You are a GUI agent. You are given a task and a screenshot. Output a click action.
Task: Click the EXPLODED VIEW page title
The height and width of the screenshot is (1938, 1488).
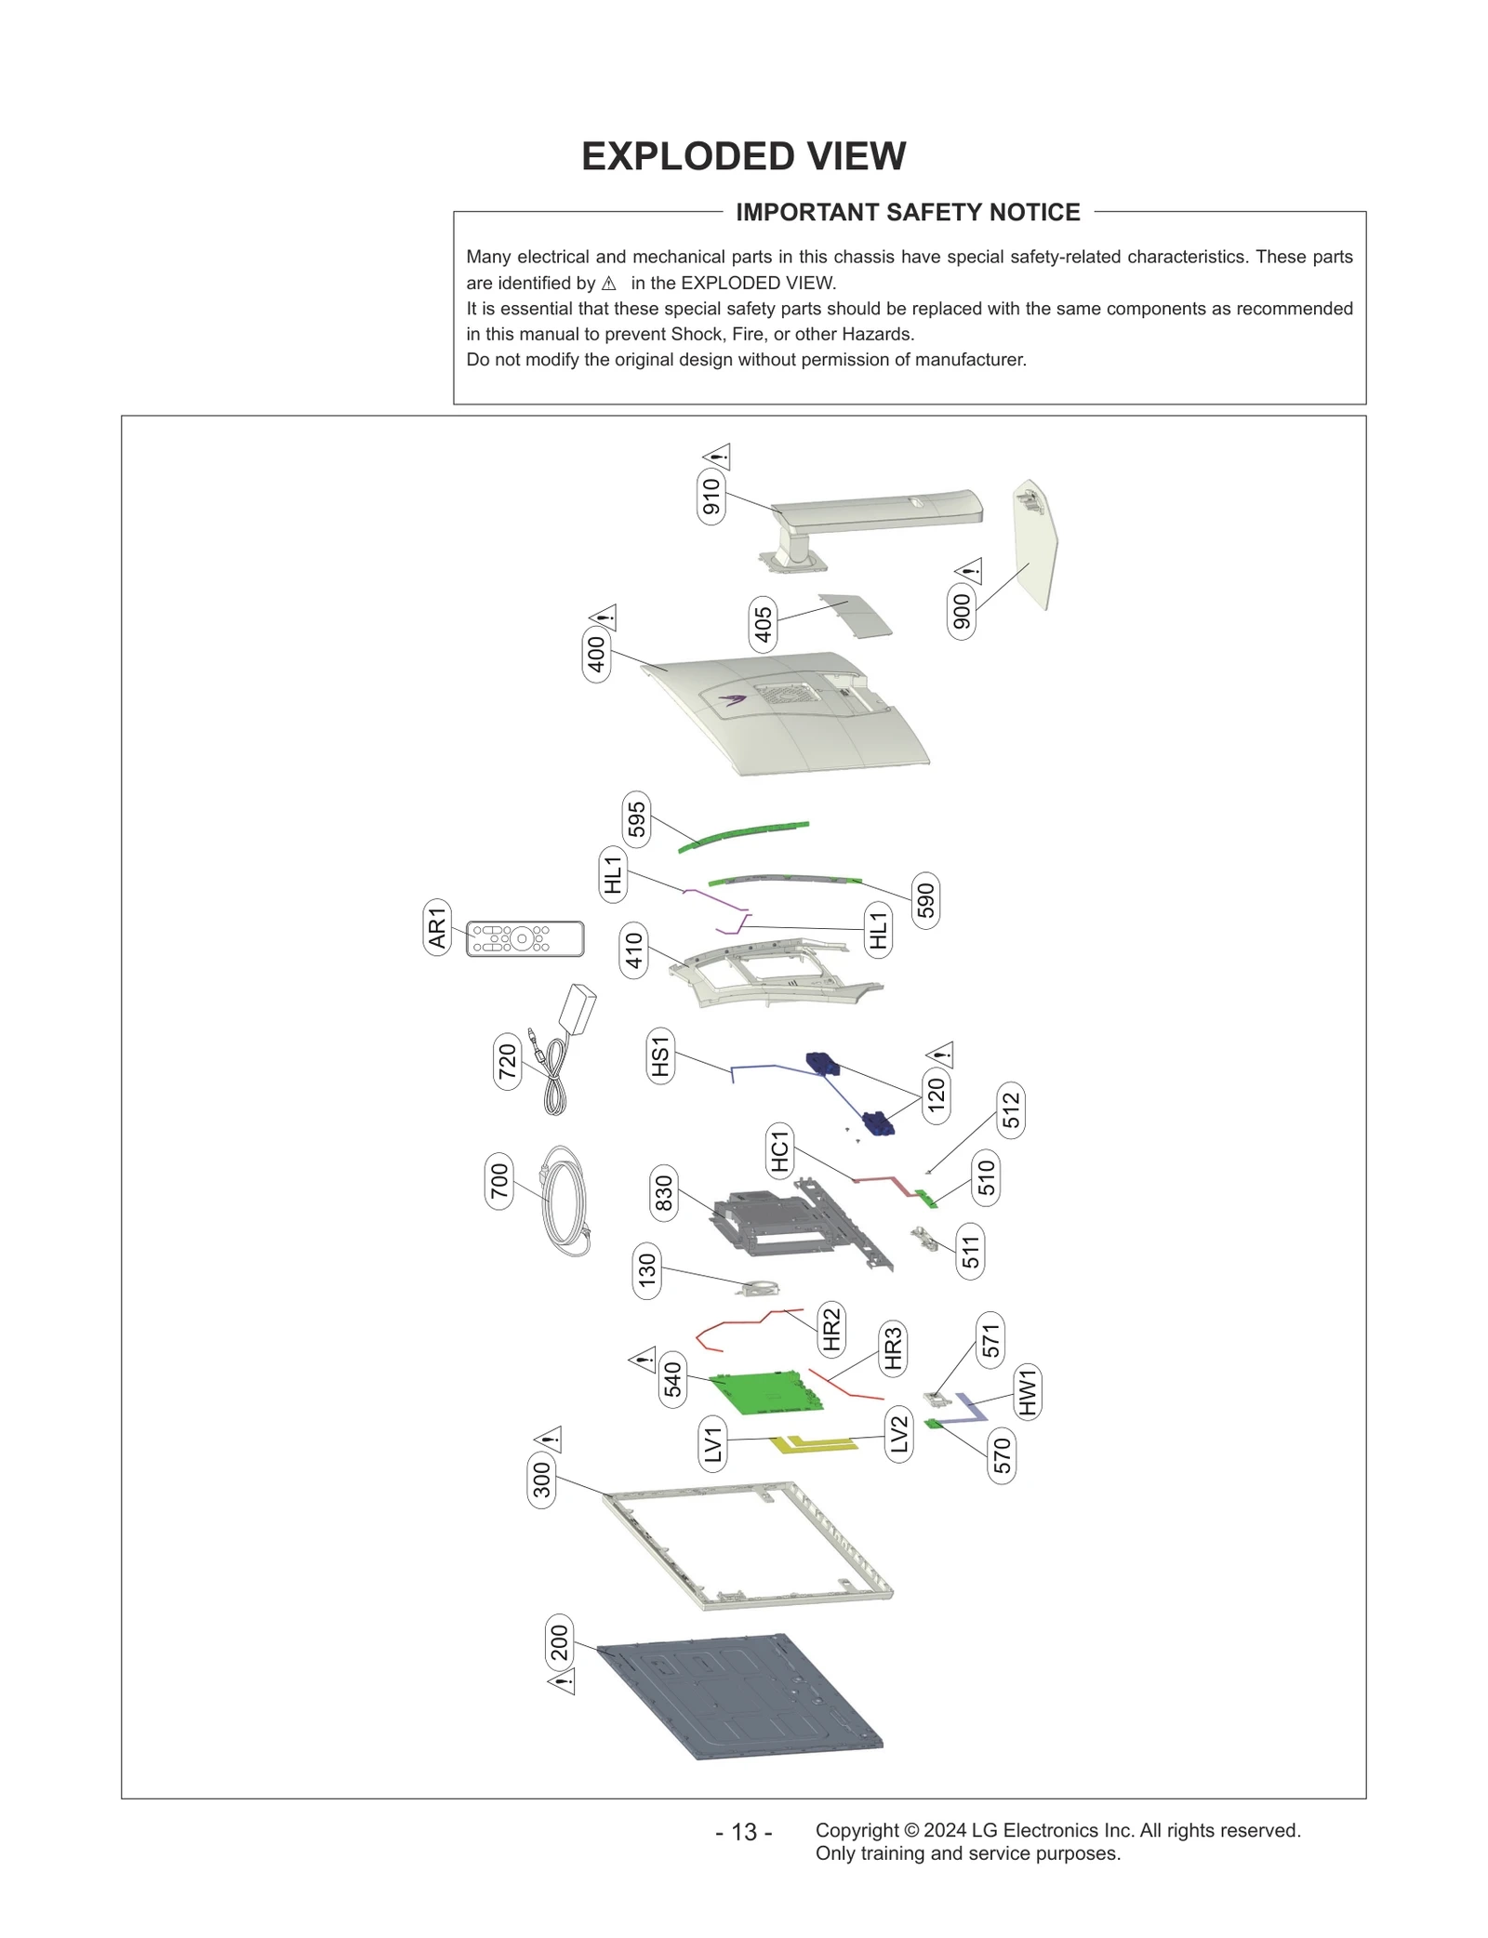(x=743, y=156)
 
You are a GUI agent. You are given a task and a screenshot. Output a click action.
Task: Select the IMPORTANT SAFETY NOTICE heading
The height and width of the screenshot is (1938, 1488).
(x=907, y=212)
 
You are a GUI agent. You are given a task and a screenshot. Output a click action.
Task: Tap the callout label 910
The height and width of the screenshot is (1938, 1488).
(x=711, y=497)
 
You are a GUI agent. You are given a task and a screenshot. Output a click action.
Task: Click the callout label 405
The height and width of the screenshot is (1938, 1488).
(x=763, y=624)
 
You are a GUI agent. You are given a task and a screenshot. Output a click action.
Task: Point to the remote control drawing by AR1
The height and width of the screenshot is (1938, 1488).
(x=525, y=938)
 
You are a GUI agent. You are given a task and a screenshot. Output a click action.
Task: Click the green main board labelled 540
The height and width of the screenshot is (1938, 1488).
(x=764, y=1392)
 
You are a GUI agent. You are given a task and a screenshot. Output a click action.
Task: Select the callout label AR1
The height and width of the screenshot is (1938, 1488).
(x=437, y=927)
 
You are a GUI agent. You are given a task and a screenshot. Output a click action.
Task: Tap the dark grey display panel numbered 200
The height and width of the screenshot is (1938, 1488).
(x=739, y=1695)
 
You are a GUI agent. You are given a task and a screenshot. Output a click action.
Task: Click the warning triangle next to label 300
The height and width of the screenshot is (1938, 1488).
(x=549, y=1440)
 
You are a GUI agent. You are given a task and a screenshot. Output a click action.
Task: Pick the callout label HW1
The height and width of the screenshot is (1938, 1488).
(x=1027, y=1392)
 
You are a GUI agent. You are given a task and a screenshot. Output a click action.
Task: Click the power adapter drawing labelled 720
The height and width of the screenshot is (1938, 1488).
(x=577, y=1008)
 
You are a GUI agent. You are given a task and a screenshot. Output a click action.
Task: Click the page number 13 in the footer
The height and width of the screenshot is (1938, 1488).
(x=743, y=1832)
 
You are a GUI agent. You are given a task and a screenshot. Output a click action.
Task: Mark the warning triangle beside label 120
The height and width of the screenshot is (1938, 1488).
(x=941, y=1055)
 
